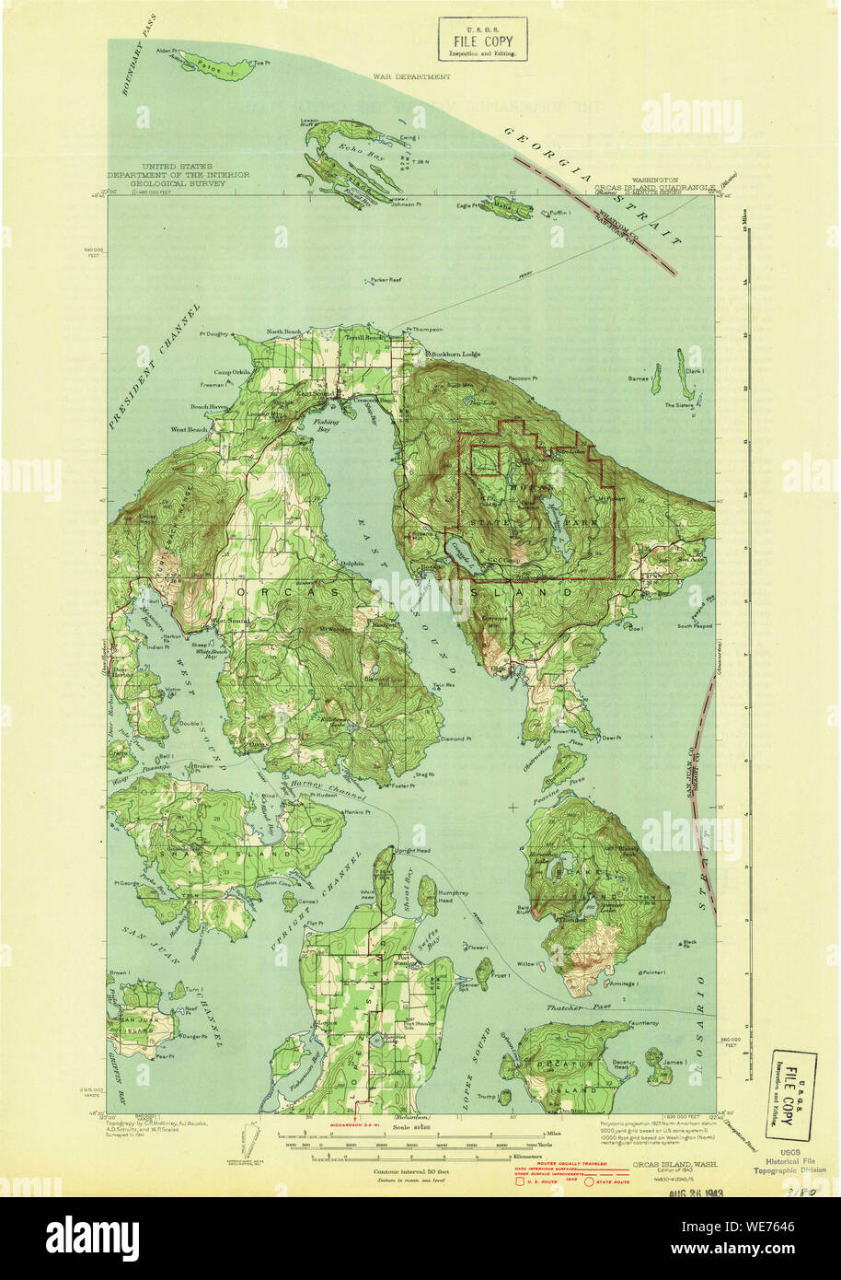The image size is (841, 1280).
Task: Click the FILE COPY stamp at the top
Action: [482, 41]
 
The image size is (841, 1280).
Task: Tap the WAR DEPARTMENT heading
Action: [411, 77]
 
